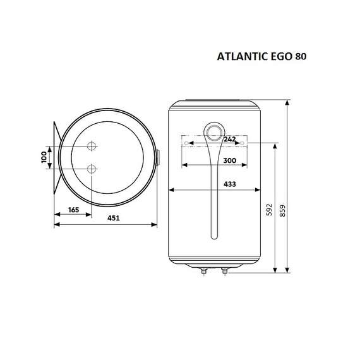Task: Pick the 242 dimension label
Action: pos(230,138)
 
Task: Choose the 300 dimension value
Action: pos(230,162)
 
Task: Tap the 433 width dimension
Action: pos(230,184)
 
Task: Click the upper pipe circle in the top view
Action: pos(92,146)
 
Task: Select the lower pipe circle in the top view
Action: pos(92,169)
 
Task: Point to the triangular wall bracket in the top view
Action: pos(56,157)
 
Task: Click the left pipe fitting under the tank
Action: pos(203,272)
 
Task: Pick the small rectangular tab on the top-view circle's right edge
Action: pos(157,158)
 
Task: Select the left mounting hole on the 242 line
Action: pos(184,143)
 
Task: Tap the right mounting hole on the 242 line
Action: pos(241,143)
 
